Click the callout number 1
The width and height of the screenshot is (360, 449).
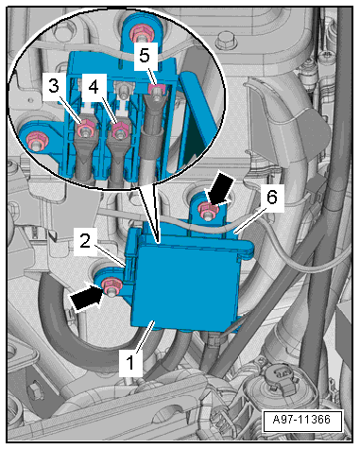click(130, 362)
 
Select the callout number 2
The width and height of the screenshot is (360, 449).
click(85, 242)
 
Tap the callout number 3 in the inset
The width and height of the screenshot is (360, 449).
click(54, 86)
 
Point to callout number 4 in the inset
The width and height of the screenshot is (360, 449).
click(93, 86)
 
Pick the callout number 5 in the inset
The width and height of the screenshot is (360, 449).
click(145, 57)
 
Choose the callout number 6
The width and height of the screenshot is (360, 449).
click(272, 198)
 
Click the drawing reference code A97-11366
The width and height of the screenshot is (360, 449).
click(302, 420)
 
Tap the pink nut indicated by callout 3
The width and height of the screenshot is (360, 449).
click(85, 128)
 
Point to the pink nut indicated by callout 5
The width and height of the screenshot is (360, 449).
click(155, 89)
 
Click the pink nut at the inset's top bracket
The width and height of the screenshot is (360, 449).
click(139, 32)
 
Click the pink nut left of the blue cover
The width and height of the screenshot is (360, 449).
click(112, 285)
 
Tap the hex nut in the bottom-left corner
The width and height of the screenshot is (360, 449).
click(33, 391)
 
